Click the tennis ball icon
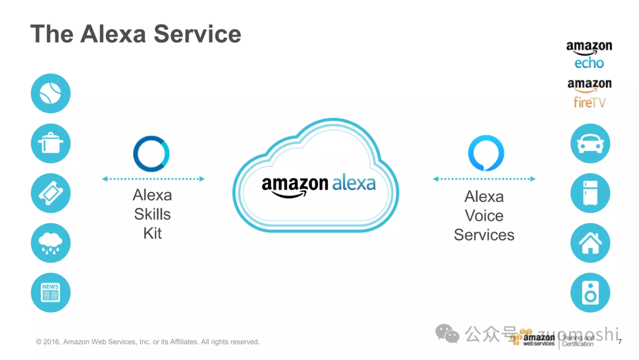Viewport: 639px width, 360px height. pos(50,94)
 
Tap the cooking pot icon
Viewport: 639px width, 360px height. pos(50,143)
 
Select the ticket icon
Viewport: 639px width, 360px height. pos(50,193)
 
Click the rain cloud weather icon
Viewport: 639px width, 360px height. pos(50,243)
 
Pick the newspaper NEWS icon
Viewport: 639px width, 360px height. pos(50,292)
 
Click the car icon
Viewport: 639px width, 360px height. pos(590,143)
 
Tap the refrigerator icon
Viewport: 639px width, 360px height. pos(590,193)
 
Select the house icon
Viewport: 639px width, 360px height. pos(590,243)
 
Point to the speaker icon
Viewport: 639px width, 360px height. pos(590,292)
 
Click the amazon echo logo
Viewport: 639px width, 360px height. pos(589,55)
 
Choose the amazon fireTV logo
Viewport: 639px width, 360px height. pos(589,94)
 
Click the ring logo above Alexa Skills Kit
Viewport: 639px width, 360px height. pos(151,154)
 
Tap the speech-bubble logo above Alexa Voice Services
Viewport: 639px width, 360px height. pos(486,154)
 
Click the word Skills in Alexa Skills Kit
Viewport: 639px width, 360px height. pos(152,214)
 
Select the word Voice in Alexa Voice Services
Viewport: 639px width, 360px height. pos(484,216)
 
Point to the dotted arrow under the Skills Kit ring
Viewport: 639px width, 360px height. pos(153,179)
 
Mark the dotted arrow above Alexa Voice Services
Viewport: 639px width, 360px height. pos(484,179)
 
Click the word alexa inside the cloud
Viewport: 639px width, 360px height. pos(354,183)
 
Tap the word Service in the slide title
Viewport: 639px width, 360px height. pos(198,34)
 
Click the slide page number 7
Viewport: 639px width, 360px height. pos(619,342)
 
